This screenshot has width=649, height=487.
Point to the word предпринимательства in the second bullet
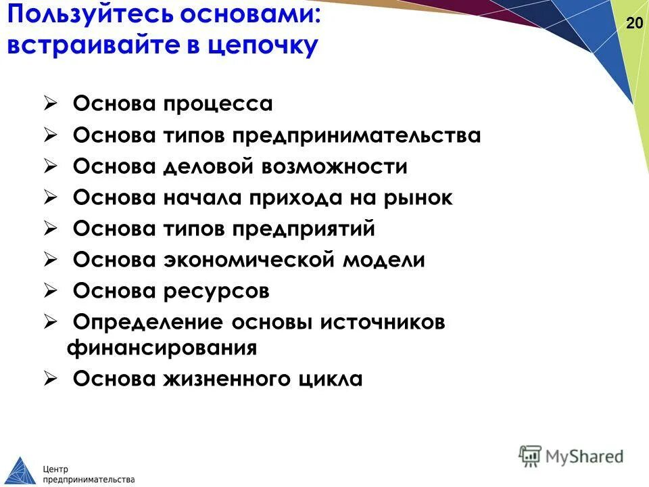(x=358, y=136)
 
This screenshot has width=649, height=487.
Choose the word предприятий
(x=304, y=229)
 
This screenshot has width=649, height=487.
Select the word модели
(x=385, y=260)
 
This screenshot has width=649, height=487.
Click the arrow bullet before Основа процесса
(x=50, y=104)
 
